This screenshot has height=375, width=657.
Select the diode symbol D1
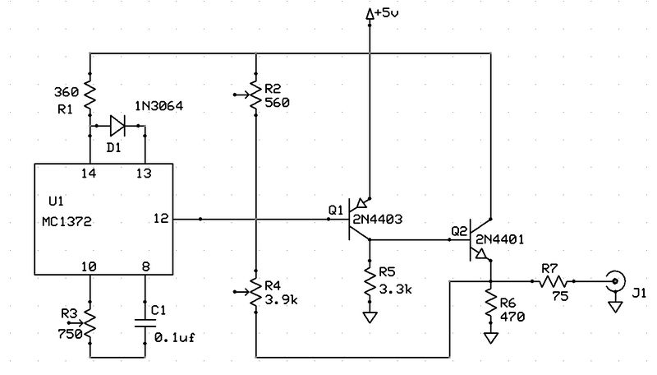click(117, 126)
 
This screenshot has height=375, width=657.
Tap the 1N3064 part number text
click(159, 107)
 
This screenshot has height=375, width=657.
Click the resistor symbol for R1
click(89, 94)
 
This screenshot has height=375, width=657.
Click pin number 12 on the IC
click(161, 219)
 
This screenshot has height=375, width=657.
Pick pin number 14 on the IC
click(89, 174)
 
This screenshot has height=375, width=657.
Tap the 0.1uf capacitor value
click(175, 337)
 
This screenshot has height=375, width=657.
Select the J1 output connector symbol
click(614, 281)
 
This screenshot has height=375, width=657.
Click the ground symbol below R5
click(370, 316)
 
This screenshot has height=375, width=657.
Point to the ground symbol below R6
click(490, 337)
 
